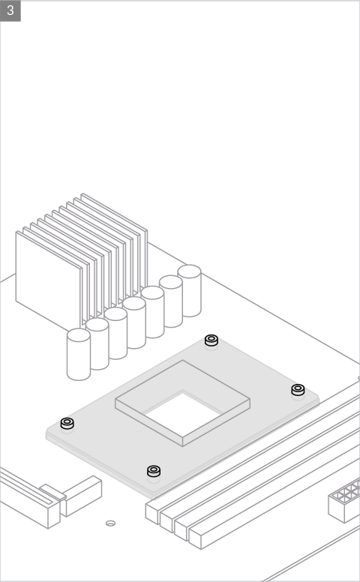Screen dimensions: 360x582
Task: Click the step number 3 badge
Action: [10, 10]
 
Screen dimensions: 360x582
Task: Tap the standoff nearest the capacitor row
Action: [211, 340]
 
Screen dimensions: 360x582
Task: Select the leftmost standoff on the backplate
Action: [67, 423]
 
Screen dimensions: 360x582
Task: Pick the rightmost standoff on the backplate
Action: [298, 390]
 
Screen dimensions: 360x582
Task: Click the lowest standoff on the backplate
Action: [154, 471]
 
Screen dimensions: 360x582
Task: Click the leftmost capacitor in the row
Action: [79, 354]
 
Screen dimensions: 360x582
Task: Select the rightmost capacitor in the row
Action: [189, 291]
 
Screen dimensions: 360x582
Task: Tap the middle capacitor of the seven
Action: [134, 322]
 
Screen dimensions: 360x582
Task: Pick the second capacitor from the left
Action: [97, 343]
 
